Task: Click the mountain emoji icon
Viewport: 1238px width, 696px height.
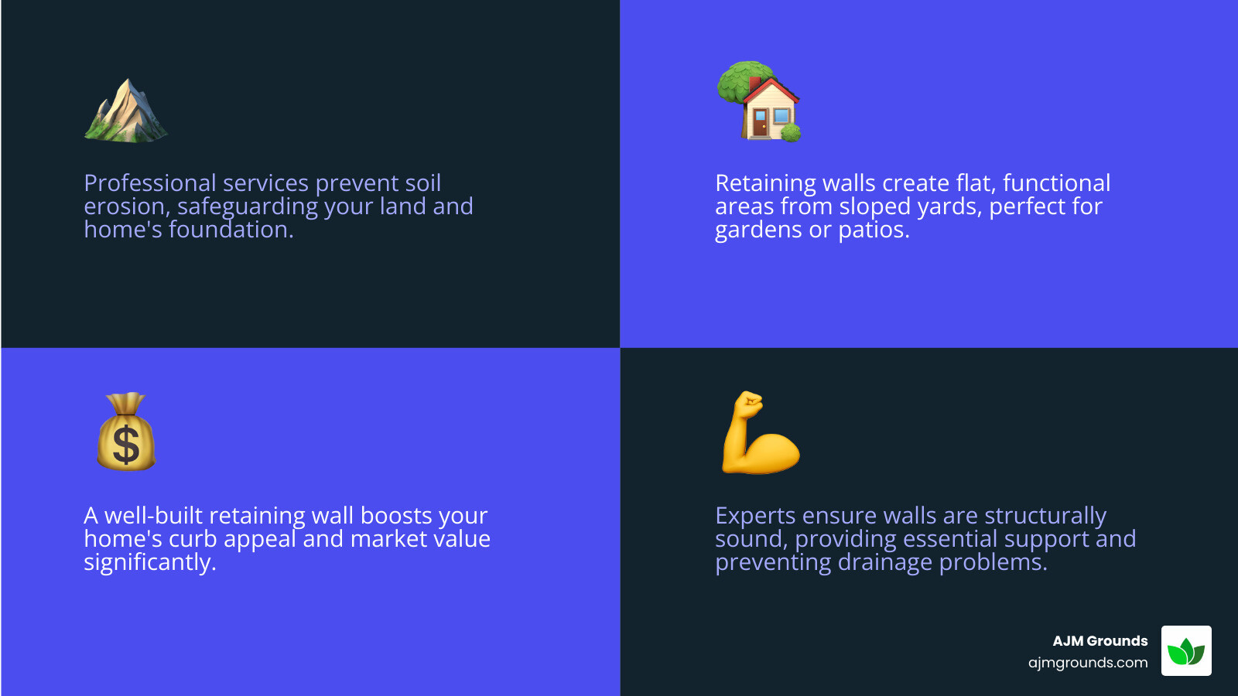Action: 125,111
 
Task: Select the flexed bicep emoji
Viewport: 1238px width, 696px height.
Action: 760,433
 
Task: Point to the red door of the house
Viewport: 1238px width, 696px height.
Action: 760,122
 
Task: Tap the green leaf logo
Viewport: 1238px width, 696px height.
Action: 1186,651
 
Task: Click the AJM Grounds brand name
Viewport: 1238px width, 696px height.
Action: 1099,641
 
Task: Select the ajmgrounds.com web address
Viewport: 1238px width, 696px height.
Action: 1088,663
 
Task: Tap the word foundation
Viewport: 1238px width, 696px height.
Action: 231,230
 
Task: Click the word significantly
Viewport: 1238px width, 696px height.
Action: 149,563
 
